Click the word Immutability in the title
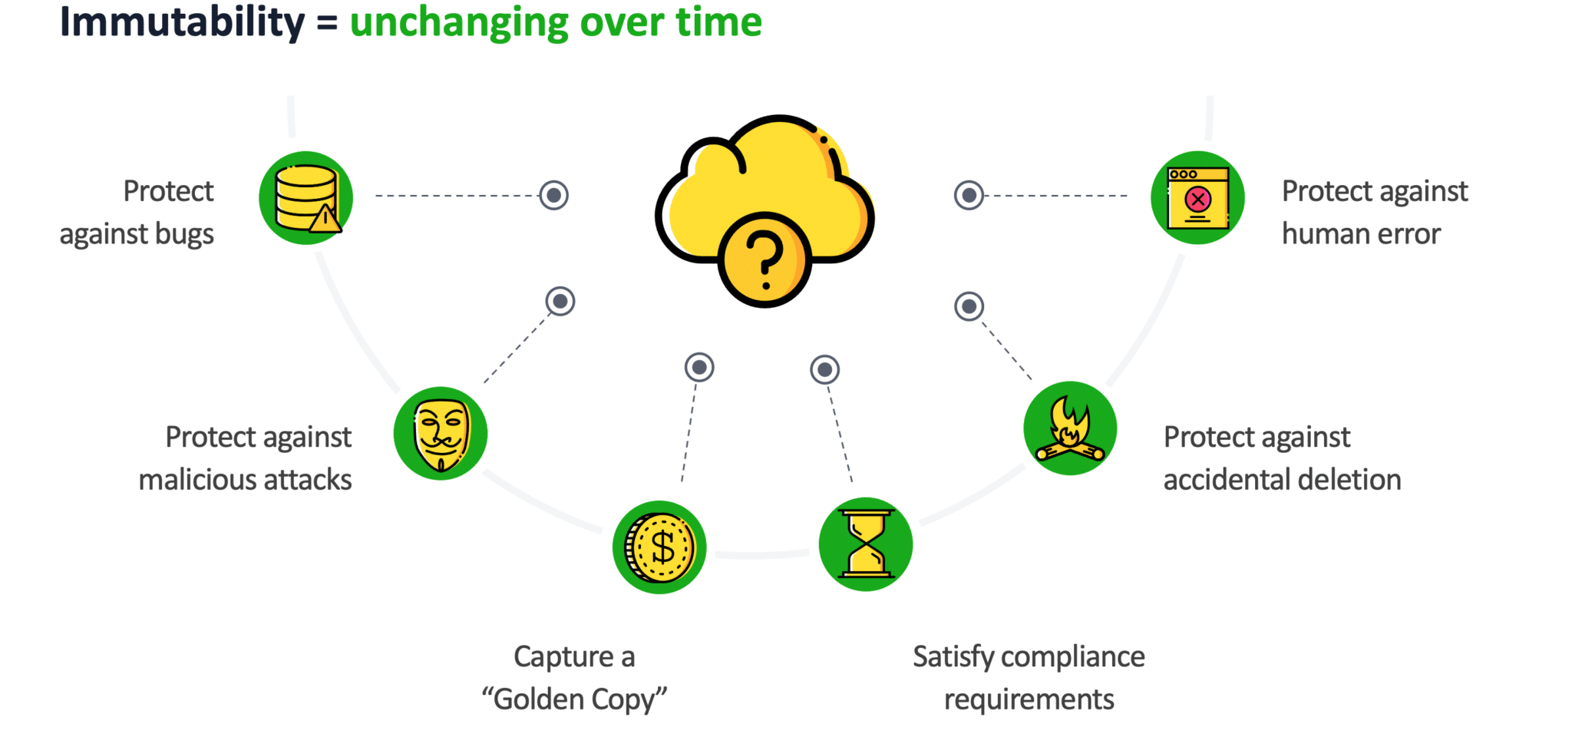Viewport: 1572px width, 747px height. point(182,21)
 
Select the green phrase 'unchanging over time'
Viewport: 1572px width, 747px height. point(556,21)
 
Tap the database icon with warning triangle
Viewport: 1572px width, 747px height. point(305,198)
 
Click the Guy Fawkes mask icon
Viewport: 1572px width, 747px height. point(441,434)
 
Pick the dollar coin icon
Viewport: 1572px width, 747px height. point(659,547)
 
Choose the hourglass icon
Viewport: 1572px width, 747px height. point(866,544)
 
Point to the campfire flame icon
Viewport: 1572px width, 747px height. point(1070,428)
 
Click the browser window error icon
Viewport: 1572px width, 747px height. point(1197,198)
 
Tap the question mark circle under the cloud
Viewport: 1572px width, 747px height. point(765,260)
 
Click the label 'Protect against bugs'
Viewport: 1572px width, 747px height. point(138,213)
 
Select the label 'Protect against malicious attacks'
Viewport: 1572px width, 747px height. point(246,458)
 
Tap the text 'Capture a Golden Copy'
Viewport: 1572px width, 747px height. point(574,678)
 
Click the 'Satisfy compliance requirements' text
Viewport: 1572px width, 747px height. point(1029,678)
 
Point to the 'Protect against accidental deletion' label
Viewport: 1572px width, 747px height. point(1282,458)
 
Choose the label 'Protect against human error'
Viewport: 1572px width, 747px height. point(1374,213)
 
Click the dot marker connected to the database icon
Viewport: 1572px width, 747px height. point(553,195)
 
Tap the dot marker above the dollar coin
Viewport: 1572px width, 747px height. point(699,368)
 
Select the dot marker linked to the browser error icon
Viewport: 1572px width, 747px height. point(969,195)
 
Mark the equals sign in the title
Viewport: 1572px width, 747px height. point(328,23)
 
